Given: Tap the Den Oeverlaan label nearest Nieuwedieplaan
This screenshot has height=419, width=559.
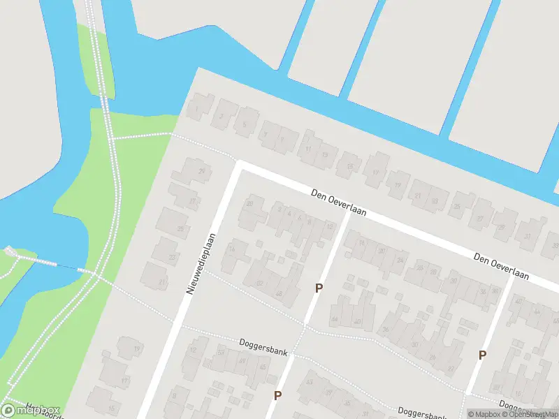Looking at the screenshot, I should (339, 203).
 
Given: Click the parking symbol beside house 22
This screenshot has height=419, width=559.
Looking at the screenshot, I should (482, 355).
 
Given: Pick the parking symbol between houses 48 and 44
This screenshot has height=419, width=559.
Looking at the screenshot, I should (319, 288).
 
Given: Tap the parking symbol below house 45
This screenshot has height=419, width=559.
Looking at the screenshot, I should (277, 396).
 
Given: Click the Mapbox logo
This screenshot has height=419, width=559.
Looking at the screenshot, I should (31, 411).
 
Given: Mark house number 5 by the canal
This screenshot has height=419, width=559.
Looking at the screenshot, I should (244, 125).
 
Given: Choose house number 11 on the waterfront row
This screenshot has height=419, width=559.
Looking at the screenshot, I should (308, 149).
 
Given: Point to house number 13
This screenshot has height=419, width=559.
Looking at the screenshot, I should (324, 155).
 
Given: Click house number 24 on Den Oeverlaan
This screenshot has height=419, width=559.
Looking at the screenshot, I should (400, 260).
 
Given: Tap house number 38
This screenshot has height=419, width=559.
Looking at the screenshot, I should (495, 291).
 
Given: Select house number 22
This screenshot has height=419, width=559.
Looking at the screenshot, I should (173, 256).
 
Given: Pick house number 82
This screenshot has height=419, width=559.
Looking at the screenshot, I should (260, 283).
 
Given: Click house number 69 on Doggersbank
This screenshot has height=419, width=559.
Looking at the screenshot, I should (242, 360).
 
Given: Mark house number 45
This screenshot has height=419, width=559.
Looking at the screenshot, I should (263, 367).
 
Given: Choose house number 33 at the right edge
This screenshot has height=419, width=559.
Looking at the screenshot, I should (555, 246).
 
